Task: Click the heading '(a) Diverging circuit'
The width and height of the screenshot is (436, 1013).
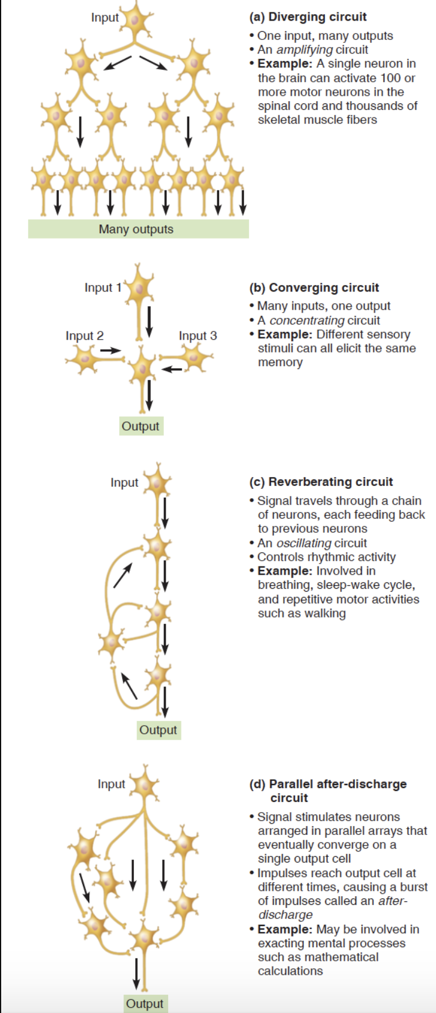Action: [x=308, y=17]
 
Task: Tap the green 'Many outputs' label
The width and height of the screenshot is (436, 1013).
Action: [x=136, y=229]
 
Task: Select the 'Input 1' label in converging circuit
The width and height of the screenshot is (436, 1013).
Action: [x=103, y=287]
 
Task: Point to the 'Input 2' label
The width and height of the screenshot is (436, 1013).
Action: [x=85, y=336]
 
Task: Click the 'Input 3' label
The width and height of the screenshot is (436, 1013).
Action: [x=197, y=336]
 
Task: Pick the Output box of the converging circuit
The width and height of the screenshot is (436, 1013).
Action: [x=140, y=426]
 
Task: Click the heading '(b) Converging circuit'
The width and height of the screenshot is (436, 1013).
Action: [x=314, y=287]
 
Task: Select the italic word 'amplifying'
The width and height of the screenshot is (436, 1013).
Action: [x=304, y=49]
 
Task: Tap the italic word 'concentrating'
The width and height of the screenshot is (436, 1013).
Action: [x=307, y=320]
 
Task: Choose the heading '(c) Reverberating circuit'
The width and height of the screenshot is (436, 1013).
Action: [x=321, y=482]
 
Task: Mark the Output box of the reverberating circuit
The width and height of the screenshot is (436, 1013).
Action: [x=158, y=730]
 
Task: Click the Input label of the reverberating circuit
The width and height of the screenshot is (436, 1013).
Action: [x=125, y=482]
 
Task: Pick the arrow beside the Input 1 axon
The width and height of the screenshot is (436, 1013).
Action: [x=149, y=321]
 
